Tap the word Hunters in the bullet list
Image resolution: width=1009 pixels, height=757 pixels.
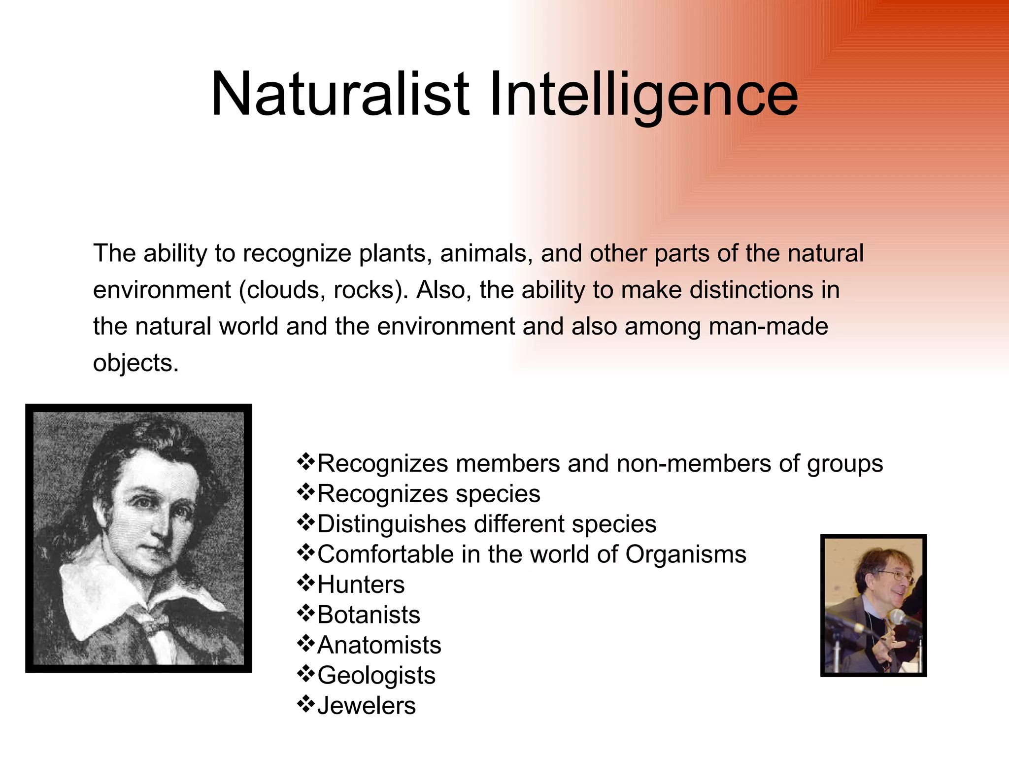[x=361, y=585]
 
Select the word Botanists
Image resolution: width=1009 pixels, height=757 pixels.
[x=369, y=615]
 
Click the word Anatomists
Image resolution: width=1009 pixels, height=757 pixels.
[x=379, y=645]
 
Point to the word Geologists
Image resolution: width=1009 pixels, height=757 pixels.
[x=376, y=676]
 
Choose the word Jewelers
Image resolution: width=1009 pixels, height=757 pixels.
[x=367, y=706]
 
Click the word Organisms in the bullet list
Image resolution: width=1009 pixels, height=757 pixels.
[x=686, y=555]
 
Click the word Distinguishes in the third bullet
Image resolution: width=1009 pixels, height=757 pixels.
[x=392, y=525]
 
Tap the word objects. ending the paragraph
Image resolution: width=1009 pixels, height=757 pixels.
[x=135, y=364]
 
